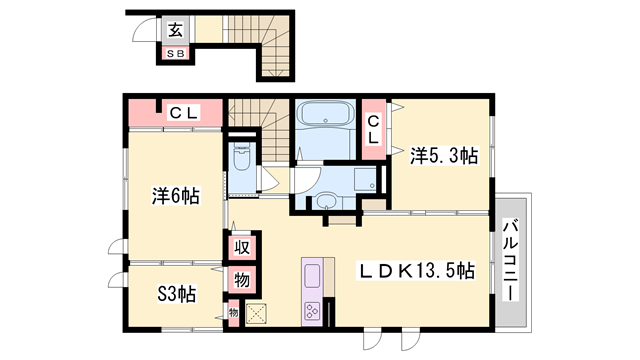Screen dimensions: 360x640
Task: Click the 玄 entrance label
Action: click(175, 30)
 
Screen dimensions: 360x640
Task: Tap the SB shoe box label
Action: click(175, 53)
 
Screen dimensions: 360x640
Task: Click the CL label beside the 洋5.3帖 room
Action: click(373, 130)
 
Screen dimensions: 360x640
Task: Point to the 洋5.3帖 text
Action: click(443, 155)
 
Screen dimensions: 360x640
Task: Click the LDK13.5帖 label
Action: click(417, 272)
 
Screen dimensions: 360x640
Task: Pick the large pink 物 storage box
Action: click(241, 279)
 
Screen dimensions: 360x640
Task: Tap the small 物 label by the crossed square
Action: click(233, 313)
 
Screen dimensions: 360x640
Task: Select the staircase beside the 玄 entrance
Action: click(262, 40)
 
